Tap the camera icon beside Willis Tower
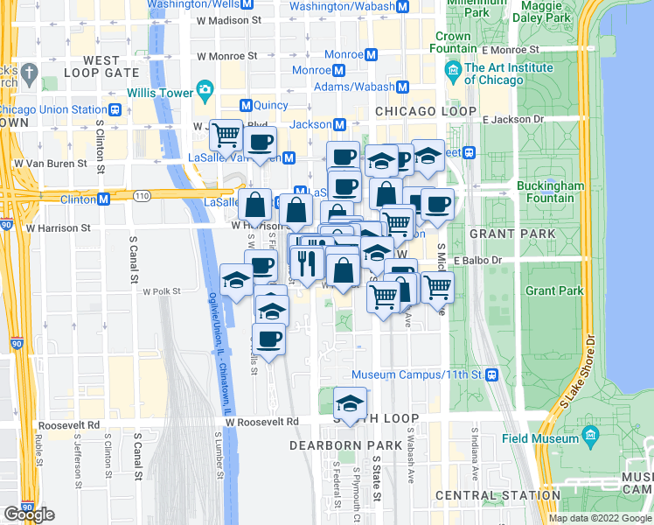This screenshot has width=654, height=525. point(204,89)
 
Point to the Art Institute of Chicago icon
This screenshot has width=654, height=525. point(452,69)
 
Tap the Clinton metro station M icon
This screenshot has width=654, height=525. point(103,199)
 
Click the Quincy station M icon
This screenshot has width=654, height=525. point(246,105)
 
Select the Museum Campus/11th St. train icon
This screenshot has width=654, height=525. point(491,374)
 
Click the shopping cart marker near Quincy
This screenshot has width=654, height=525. point(226,135)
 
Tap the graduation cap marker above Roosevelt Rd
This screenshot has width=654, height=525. point(349,403)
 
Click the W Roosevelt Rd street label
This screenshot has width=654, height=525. point(261,422)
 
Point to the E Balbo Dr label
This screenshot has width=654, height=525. point(477,260)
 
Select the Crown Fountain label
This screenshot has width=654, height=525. point(453,43)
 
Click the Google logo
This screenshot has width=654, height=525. point(29,514)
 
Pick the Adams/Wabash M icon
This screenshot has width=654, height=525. point(403,87)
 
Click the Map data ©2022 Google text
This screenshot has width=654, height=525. point(600,518)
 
